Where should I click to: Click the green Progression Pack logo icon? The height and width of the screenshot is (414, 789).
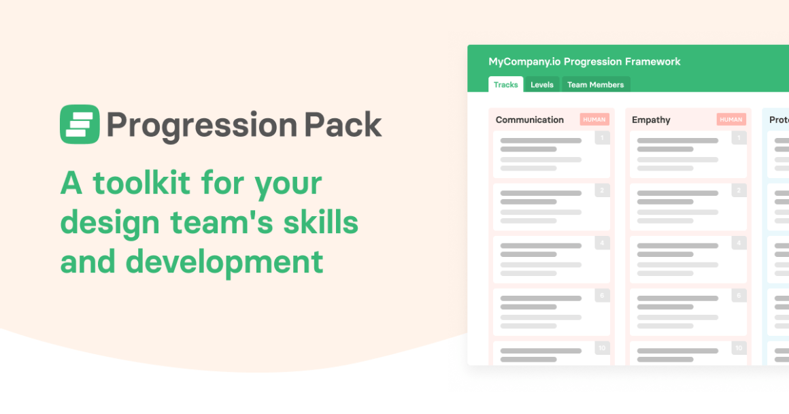click(x=80, y=124)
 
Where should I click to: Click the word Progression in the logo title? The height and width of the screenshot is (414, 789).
click(x=202, y=126)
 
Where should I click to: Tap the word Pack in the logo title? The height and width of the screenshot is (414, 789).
click(x=343, y=124)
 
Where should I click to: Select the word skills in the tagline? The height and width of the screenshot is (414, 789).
click(x=320, y=222)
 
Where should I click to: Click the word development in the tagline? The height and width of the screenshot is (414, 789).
click(x=224, y=263)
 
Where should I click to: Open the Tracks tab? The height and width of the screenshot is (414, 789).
click(x=505, y=84)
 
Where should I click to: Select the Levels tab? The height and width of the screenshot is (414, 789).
click(x=542, y=84)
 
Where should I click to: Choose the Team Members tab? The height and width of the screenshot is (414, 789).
click(x=596, y=84)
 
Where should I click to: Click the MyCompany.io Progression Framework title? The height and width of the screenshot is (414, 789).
click(x=584, y=61)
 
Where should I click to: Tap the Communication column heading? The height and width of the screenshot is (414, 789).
click(x=529, y=120)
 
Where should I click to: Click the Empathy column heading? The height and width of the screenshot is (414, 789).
click(x=651, y=120)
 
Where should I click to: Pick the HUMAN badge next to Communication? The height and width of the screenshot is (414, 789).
click(x=594, y=119)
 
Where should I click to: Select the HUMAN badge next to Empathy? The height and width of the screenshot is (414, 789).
click(x=731, y=119)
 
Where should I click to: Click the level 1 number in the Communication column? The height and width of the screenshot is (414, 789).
click(x=603, y=138)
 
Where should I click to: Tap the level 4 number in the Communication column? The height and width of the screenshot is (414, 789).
click(x=603, y=243)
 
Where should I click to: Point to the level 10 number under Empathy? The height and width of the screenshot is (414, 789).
click(x=739, y=348)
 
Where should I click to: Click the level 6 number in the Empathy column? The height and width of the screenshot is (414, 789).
click(x=739, y=295)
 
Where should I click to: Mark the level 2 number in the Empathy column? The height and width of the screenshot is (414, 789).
click(x=739, y=190)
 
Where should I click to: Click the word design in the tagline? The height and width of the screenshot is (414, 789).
click(x=110, y=224)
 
